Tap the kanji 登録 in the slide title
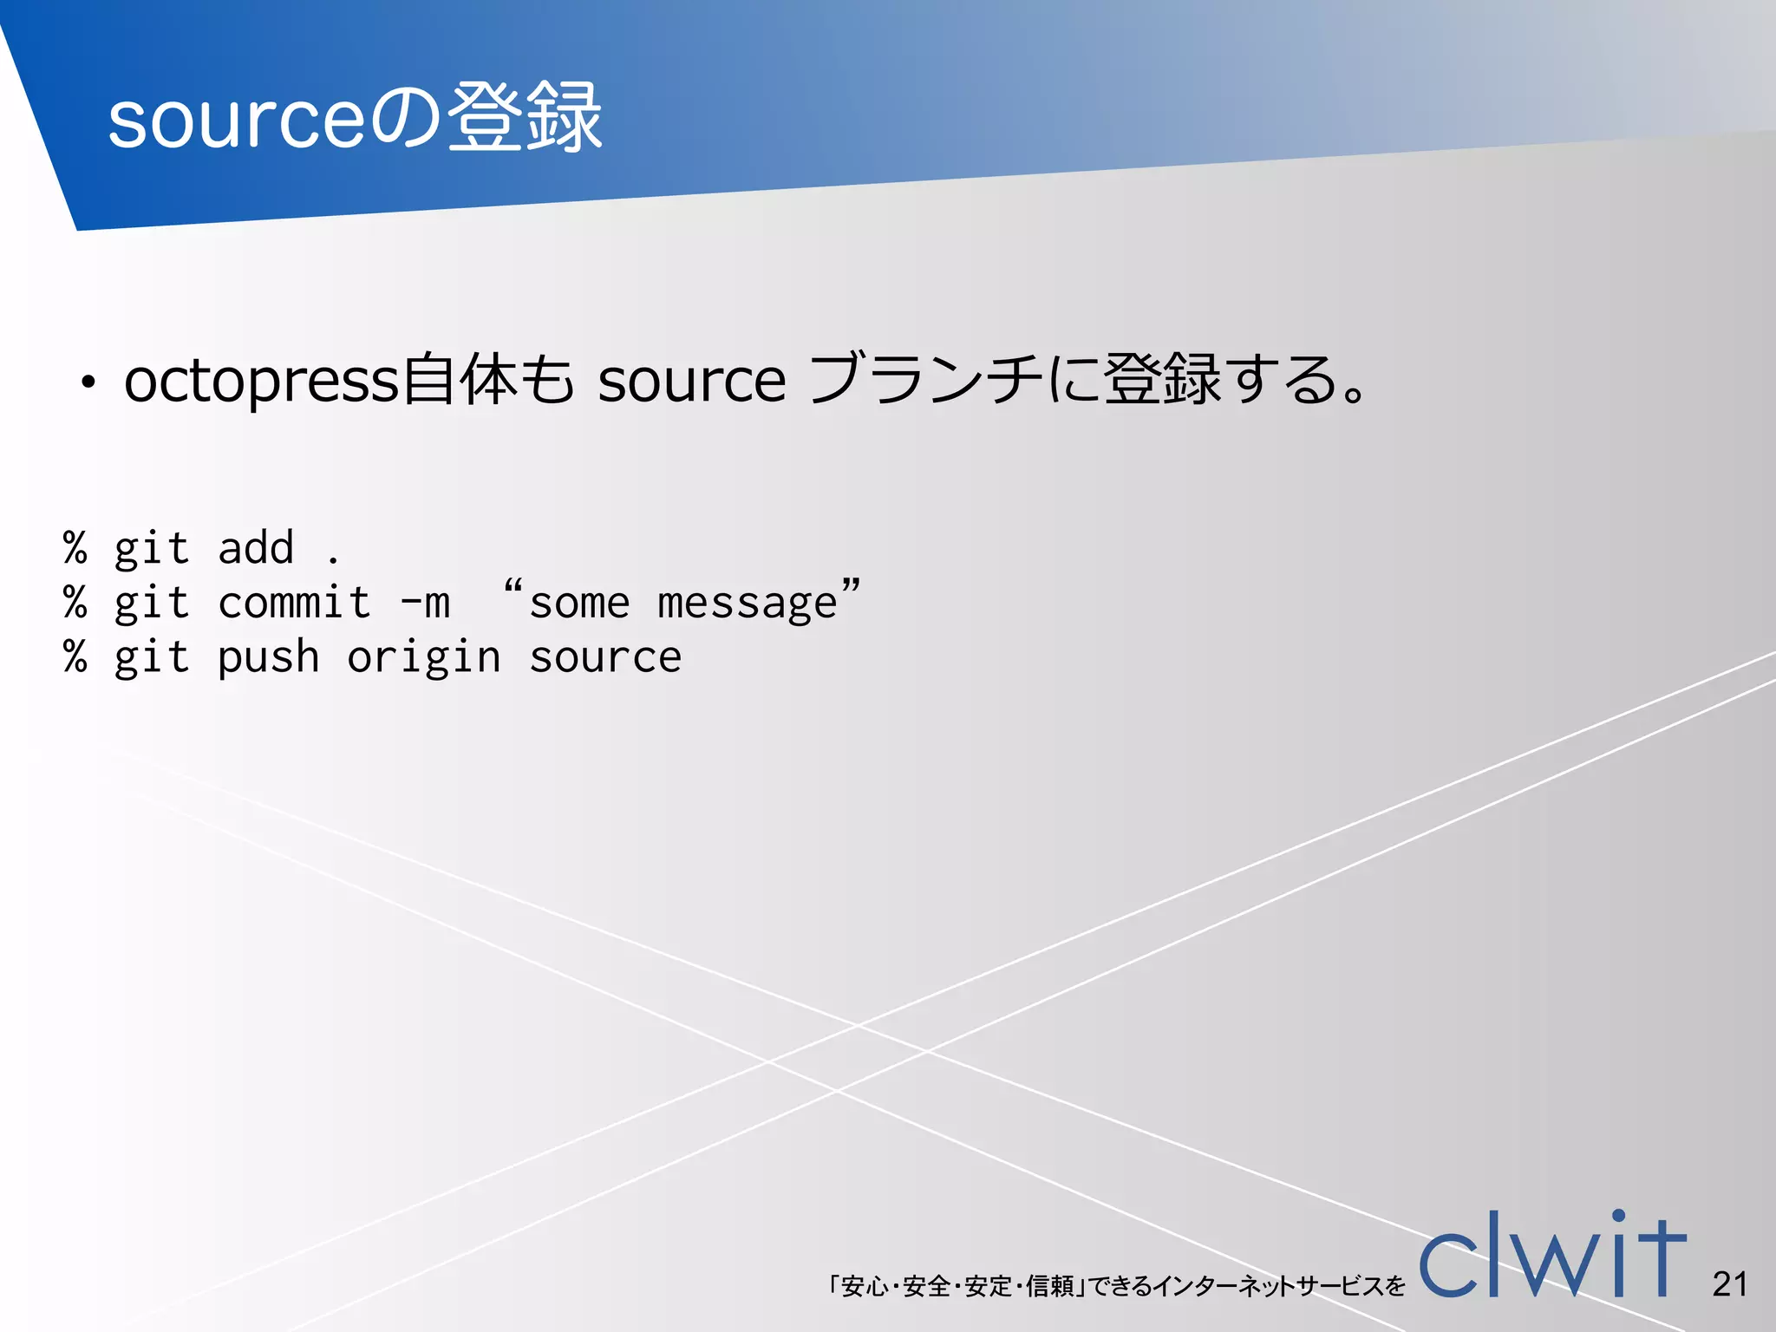(x=525, y=118)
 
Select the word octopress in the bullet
(x=260, y=382)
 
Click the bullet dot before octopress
(x=86, y=382)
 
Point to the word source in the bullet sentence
(x=691, y=382)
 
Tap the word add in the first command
(x=256, y=548)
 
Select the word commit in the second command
(x=294, y=603)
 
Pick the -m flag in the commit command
(x=425, y=603)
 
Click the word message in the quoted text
(x=747, y=604)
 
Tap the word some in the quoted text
(x=579, y=604)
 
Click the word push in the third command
(x=268, y=658)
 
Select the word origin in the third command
(x=424, y=658)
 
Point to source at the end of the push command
(x=605, y=658)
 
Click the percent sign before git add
(x=75, y=548)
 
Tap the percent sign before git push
(x=75, y=657)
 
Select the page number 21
(x=1729, y=1284)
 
